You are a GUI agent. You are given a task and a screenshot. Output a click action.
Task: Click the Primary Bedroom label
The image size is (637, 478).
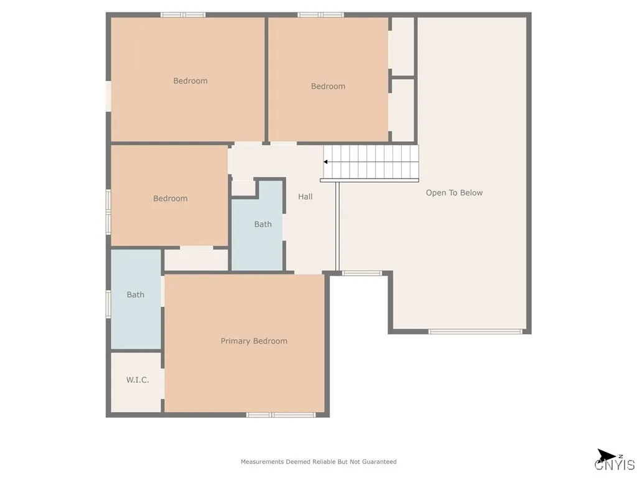coord(254,341)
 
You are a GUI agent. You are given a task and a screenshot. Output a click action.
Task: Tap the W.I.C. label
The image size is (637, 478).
coord(137,380)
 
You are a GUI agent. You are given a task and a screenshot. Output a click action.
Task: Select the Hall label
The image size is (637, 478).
coord(305,197)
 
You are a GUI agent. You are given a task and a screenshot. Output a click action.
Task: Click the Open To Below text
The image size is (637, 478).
coord(454,193)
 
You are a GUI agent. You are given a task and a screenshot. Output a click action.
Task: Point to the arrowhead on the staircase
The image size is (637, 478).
coord(325,162)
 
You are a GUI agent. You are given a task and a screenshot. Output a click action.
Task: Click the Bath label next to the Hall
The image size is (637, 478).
coord(263,224)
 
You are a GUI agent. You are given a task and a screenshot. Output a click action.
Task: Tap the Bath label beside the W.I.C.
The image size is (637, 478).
coord(136,295)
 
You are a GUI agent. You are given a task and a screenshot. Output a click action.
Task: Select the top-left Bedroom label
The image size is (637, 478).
coord(190,81)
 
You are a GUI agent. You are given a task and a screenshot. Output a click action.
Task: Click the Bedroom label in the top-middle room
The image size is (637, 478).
coord(328,87)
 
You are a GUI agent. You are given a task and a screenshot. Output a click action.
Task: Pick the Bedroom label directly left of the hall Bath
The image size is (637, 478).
coord(170,199)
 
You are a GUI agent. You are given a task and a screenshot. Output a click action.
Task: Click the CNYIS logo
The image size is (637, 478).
coord(615,461)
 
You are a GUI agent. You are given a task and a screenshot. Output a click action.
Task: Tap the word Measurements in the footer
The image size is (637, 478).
coord(263,462)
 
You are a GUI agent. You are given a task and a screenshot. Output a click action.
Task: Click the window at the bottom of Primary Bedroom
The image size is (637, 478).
coord(281,415)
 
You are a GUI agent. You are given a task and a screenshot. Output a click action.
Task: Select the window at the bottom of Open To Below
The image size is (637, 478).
coord(475,332)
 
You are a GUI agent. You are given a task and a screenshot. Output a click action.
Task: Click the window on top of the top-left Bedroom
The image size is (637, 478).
coord(183,14)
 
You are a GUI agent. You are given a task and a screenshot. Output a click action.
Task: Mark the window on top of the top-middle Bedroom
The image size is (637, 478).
coord(320,14)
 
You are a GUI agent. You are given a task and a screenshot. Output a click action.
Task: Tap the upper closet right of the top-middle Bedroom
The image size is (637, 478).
coord(403,46)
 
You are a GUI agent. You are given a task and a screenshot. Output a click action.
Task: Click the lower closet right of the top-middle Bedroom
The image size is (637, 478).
coord(403,110)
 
